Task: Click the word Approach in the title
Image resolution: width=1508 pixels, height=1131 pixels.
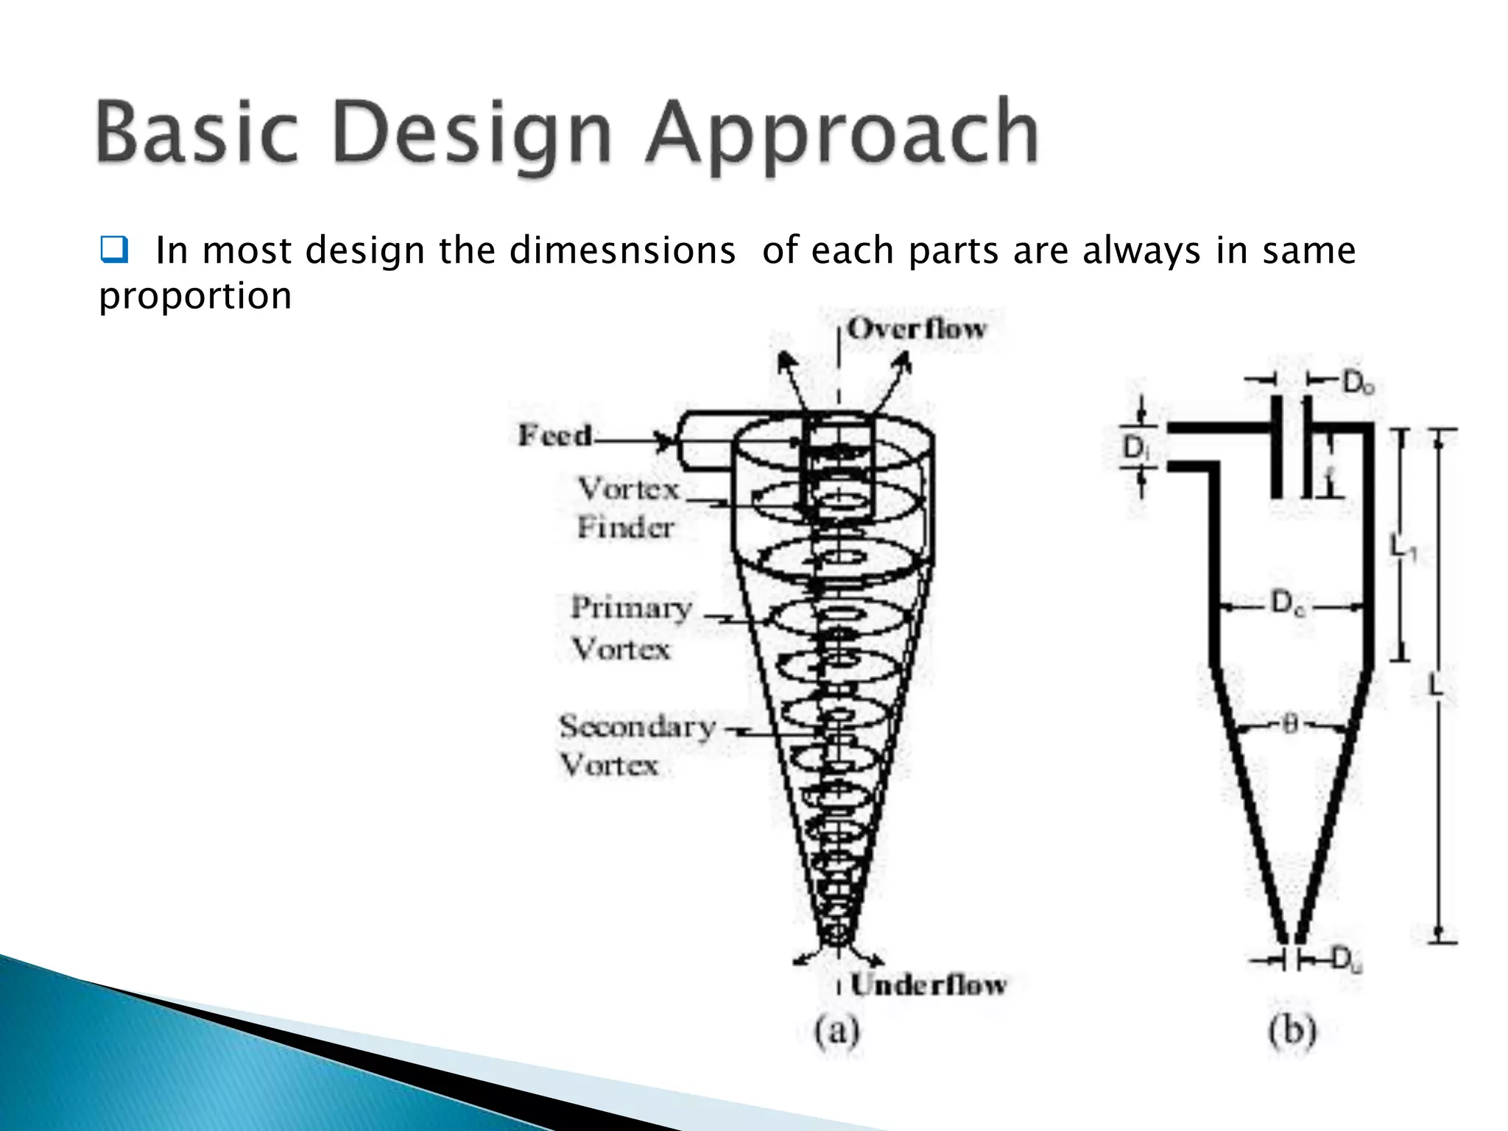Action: (842, 134)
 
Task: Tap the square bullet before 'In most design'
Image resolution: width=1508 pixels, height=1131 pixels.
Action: (113, 250)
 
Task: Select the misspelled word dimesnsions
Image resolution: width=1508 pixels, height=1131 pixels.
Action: (622, 250)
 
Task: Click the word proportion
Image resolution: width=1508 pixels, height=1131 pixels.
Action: (195, 296)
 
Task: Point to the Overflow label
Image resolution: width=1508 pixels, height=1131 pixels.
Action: (915, 328)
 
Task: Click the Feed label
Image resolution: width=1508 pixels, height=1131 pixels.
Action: (554, 435)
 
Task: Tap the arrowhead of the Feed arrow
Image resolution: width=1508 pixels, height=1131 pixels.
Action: (667, 442)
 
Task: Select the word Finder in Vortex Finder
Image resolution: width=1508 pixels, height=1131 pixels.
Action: (625, 527)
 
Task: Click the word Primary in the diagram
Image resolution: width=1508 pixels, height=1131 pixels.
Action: (631, 608)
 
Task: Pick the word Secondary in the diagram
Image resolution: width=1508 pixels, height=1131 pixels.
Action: (637, 727)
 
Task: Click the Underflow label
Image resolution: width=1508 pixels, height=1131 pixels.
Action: (928, 984)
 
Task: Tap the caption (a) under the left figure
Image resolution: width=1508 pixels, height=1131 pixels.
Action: (837, 1031)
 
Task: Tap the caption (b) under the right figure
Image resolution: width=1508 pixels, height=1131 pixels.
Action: (1292, 1031)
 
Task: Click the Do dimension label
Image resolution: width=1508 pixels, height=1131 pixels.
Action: (1357, 382)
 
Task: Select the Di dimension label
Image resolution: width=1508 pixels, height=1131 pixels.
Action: (1135, 447)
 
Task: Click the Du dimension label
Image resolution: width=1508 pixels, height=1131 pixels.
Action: (1347, 959)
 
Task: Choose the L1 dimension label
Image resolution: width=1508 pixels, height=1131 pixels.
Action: (1401, 547)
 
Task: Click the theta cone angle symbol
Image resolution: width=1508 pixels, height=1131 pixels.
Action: (1289, 725)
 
